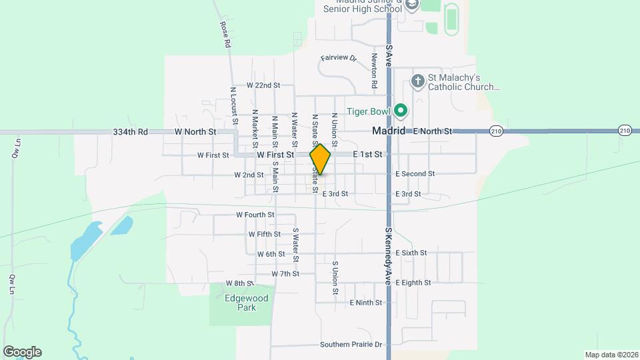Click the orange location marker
click(320, 159)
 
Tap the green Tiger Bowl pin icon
click(401, 110)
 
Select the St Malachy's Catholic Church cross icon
click(418, 81)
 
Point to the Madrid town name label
click(389, 131)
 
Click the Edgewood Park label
click(246, 303)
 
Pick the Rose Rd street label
click(225, 34)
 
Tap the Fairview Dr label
click(339, 58)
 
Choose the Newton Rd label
click(375, 71)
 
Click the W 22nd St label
click(263, 85)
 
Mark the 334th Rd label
click(130, 132)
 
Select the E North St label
click(433, 131)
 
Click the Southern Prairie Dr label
click(351, 345)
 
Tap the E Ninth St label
click(366, 303)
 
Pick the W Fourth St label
click(255, 215)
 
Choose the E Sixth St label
click(411, 253)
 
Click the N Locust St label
click(234, 105)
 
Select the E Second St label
click(415, 174)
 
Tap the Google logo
click(22, 352)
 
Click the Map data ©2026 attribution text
click(611, 355)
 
